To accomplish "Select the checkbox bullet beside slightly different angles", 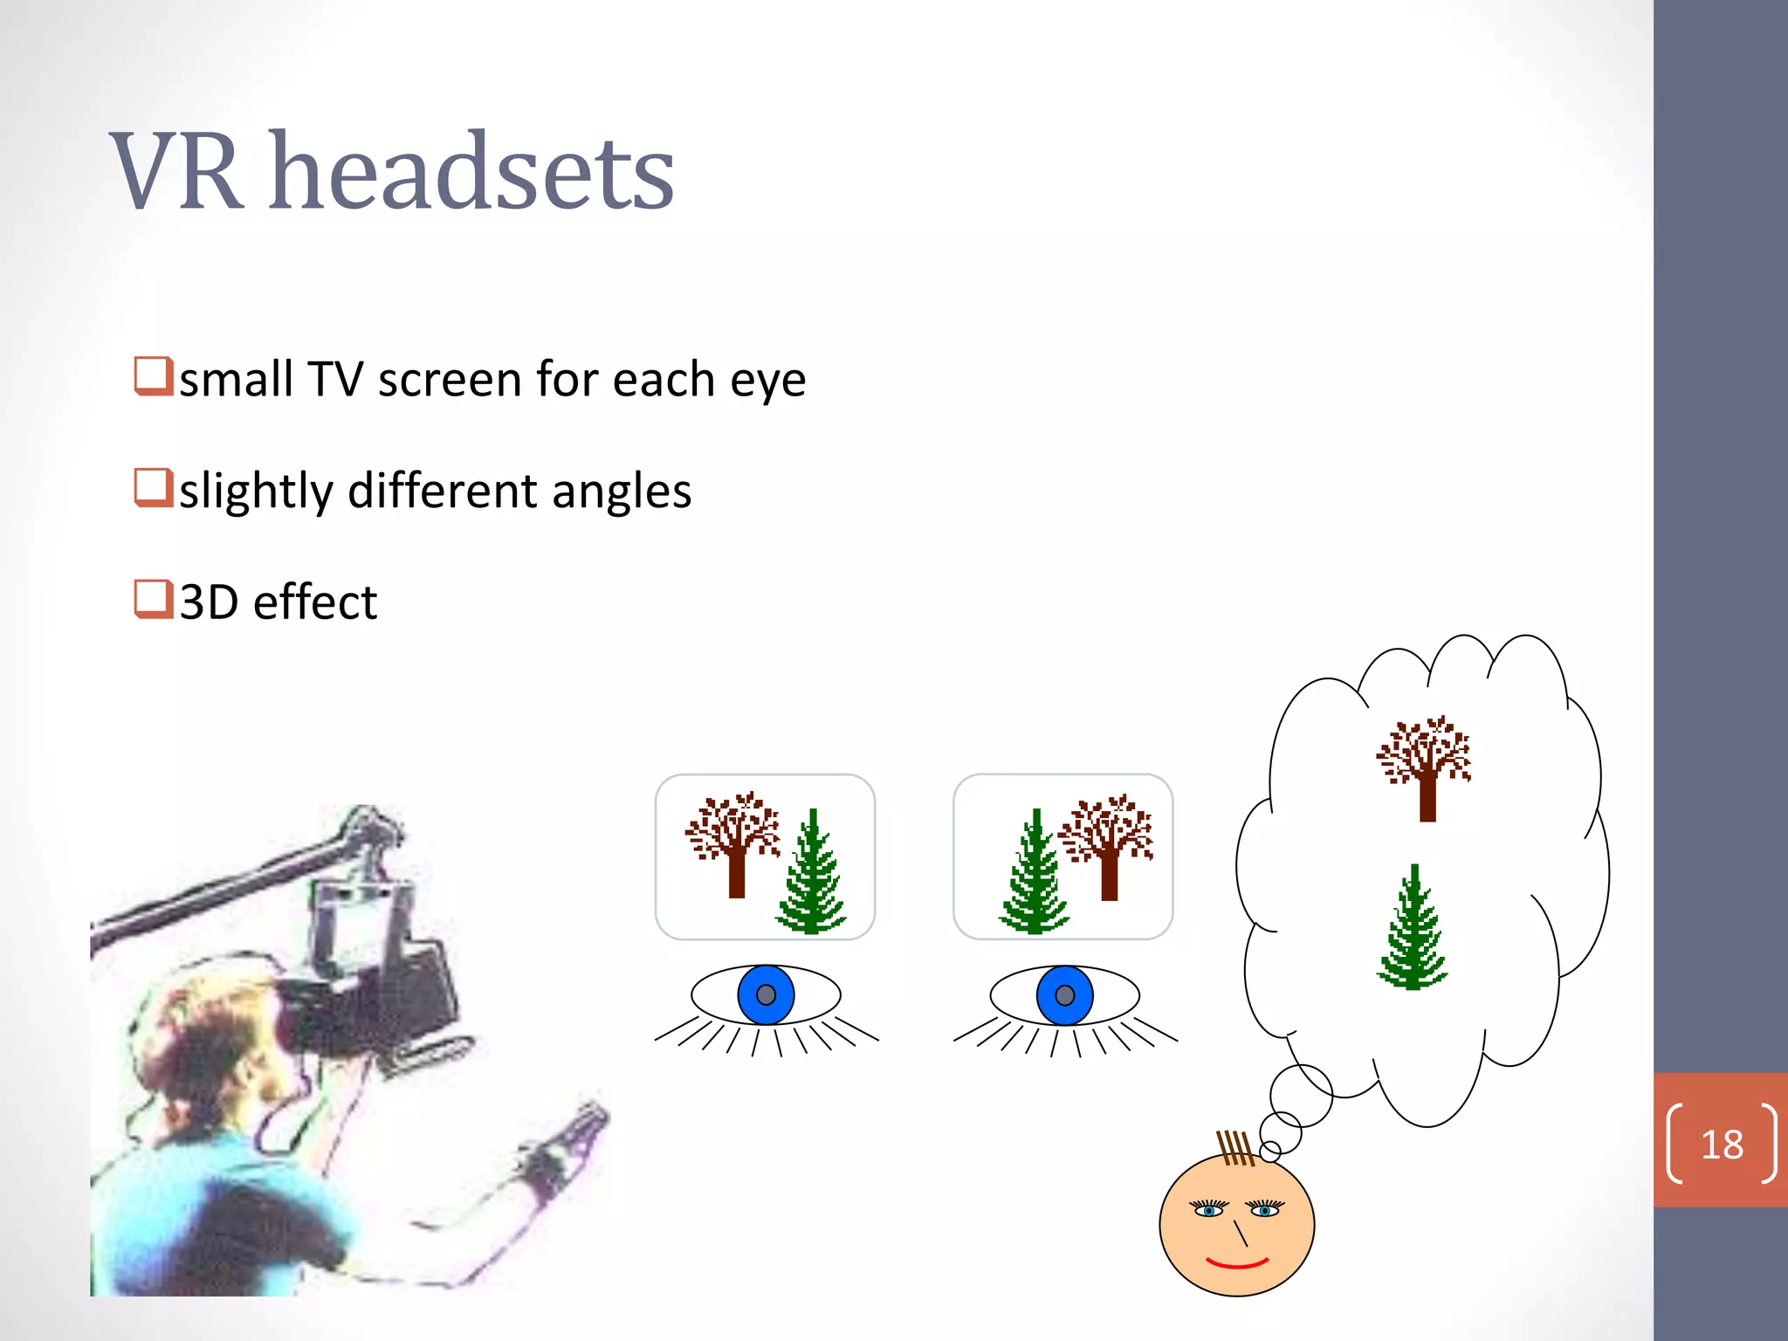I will (x=153, y=487).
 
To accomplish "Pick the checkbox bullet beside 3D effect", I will (x=153, y=599).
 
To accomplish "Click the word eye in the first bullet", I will (x=767, y=381).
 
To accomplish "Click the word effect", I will (x=315, y=602).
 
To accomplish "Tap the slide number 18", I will (x=1722, y=1144).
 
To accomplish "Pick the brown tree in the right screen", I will (x=1107, y=842).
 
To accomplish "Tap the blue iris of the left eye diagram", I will (x=766, y=994).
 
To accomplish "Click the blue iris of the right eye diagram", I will (x=1064, y=995).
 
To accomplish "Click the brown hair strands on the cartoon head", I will (x=1235, y=1147).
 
